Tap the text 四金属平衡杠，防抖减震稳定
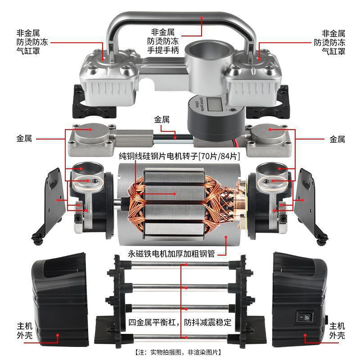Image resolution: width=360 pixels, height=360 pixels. tap(180, 322)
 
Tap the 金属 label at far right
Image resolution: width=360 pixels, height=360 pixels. tap(337, 139)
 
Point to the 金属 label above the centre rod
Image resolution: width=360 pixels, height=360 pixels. tap(162, 120)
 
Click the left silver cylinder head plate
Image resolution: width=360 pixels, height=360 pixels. tap(90, 139)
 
